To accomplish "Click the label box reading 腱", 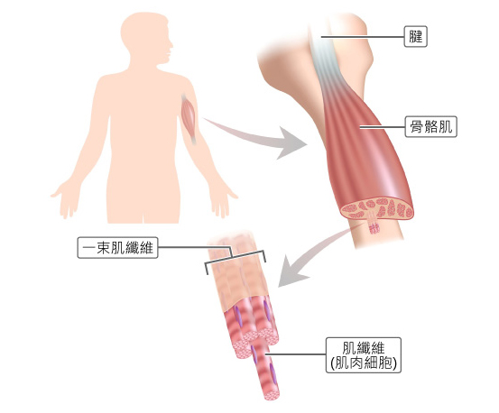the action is [416, 37].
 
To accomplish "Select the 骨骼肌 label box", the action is [431, 126].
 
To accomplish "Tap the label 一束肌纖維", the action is [117, 247].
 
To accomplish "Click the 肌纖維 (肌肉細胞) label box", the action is [364, 355].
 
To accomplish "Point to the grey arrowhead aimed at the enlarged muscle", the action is [290, 143].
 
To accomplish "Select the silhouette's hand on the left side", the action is [65, 197].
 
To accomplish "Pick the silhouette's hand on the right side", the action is [222, 198].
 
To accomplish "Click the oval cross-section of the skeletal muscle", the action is [377, 208].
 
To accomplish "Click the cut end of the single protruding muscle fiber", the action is [271, 395].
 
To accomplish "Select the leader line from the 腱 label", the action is [363, 37].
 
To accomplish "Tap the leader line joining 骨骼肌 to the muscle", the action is [383, 127].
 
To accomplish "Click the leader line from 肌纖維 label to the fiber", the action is [296, 353].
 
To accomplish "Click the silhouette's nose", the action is [171, 44].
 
